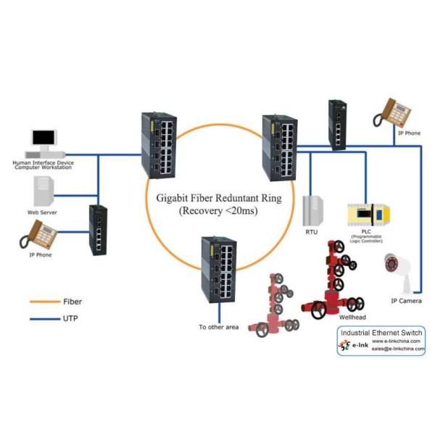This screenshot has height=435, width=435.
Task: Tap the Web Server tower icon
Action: click(42, 191)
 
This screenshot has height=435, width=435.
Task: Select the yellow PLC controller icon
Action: click(371, 215)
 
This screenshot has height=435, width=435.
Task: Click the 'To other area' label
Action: click(219, 327)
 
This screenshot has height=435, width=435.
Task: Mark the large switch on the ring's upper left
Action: click(160, 145)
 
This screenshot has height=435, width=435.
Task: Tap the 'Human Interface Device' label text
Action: click(43, 163)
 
